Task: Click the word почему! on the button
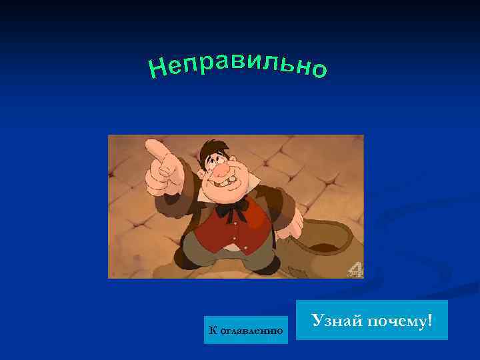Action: tap(398, 321)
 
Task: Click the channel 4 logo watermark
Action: tap(355, 269)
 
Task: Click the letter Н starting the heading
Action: tap(157, 68)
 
